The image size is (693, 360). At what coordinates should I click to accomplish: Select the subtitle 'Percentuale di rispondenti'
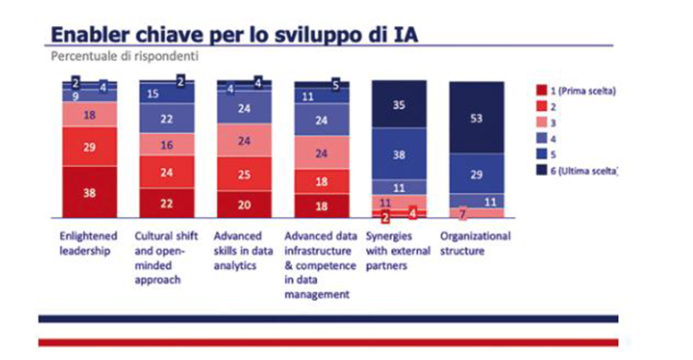coord(123,55)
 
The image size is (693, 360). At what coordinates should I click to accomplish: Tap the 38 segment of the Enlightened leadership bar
coord(90,190)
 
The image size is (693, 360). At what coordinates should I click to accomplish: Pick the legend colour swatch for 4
coord(540,138)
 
